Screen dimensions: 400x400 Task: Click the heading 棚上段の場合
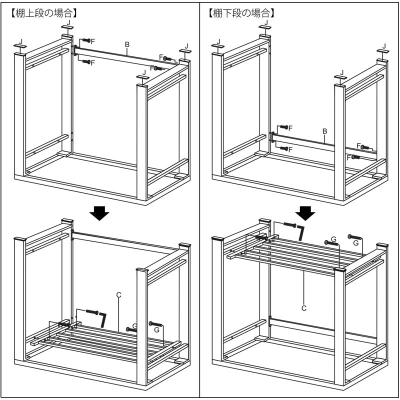click(x=43, y=13)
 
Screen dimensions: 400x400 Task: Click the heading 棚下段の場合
click(x=241, y=13)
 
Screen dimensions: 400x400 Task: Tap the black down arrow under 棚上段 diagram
click(x=99, y=213)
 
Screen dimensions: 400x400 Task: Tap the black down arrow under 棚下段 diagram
click(x=305, y=213)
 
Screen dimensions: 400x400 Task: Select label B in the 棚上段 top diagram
click(x=127, y=44)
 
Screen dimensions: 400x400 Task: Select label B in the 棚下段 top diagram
click(x=324, y=131)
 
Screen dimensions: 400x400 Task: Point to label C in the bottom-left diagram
click(x=118, y=295)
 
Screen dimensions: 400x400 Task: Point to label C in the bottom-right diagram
click(x=304, y=308)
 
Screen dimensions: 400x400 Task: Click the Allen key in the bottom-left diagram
click(x=103, y=319)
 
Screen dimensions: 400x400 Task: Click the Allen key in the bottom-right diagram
click(x=301, y=232)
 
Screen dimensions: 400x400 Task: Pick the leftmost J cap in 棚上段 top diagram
click(x=20, y=46)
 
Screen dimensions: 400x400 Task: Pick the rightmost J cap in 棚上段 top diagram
click(x=185, y=51)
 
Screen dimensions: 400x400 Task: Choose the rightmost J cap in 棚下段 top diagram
click(x=383, y=51)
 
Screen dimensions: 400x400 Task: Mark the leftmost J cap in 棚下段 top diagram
click(x=218, y=46)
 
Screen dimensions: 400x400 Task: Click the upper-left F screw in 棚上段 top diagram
click(x=86, y=40)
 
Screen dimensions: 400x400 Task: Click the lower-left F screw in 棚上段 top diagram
click(x=86, y=61)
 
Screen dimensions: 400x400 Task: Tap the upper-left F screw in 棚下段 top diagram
click(x=284, y=127)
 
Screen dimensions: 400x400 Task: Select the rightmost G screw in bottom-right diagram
click(x=355, y=237)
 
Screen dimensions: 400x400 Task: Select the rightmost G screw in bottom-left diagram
click(x=155, y=323)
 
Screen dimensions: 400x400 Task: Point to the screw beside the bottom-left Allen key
click(x=92, y=311)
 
